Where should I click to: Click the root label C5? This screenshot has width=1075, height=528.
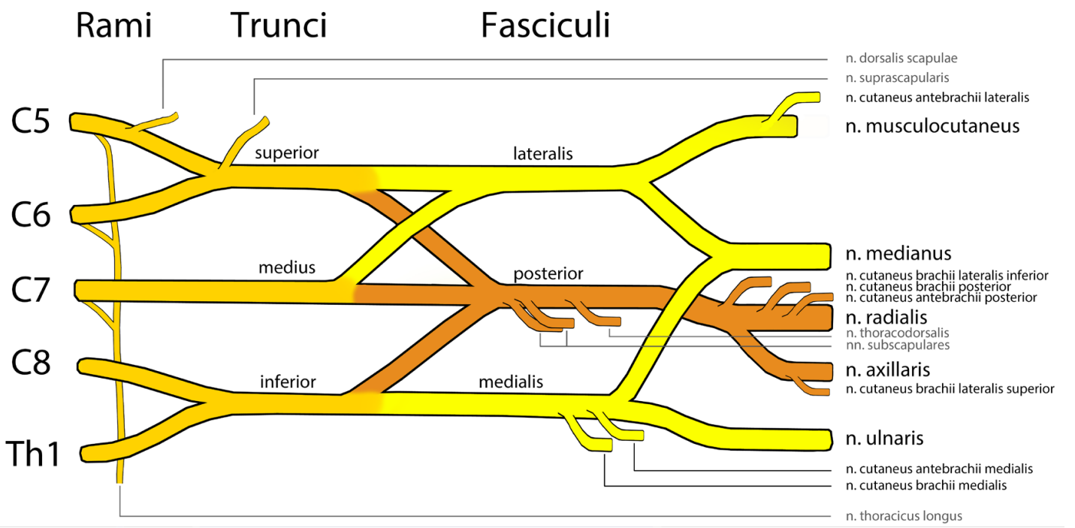[30, 121]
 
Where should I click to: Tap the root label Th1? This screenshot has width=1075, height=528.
[33, 454]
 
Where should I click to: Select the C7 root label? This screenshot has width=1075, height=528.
[30, 290]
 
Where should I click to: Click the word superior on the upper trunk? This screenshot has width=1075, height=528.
[286, 152]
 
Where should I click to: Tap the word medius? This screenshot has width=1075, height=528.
[286, 267]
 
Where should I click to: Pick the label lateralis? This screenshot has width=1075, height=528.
[543, 153]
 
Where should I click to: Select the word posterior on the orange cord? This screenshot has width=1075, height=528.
[548, 273]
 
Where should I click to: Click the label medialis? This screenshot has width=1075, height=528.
[511, 382]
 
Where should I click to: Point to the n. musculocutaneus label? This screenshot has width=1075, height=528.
[932, 125]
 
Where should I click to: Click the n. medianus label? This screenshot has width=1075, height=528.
[898, 253]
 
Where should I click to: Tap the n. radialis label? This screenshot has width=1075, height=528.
[886, 317]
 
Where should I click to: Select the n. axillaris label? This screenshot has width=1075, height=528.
[888, 370]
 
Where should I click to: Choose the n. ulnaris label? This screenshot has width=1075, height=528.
[884, 438]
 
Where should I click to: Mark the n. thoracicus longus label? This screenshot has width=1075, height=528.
[904, 516]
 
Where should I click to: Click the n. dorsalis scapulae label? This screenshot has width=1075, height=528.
[901, 58]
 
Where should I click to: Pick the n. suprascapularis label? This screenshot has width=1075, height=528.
[897, 77]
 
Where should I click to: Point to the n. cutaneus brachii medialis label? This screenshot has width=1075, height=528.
[926, 484]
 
